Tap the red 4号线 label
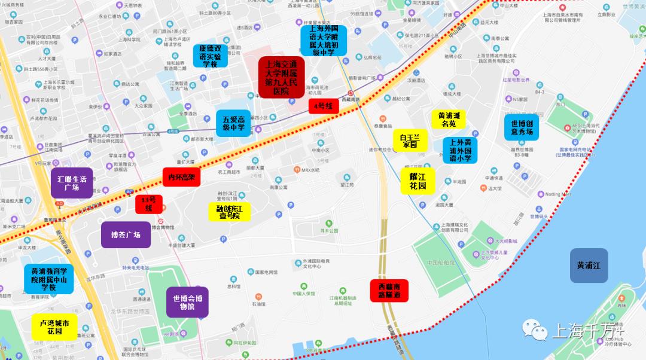[324, 106]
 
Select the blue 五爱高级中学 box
[234, 123]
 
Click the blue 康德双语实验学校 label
[210, 56]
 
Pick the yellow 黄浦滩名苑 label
[449, 118]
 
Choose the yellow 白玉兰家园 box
[410, 141]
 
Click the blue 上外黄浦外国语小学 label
[460, 151]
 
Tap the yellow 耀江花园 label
[418, 181]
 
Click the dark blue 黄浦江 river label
[589, 266]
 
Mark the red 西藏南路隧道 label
[389, 291]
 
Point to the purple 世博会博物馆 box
[188, 303]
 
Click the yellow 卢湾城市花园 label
[54, 327]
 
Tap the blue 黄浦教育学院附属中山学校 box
[48, 279]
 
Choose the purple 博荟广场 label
[126, 234]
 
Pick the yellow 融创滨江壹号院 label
[229, 211]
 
